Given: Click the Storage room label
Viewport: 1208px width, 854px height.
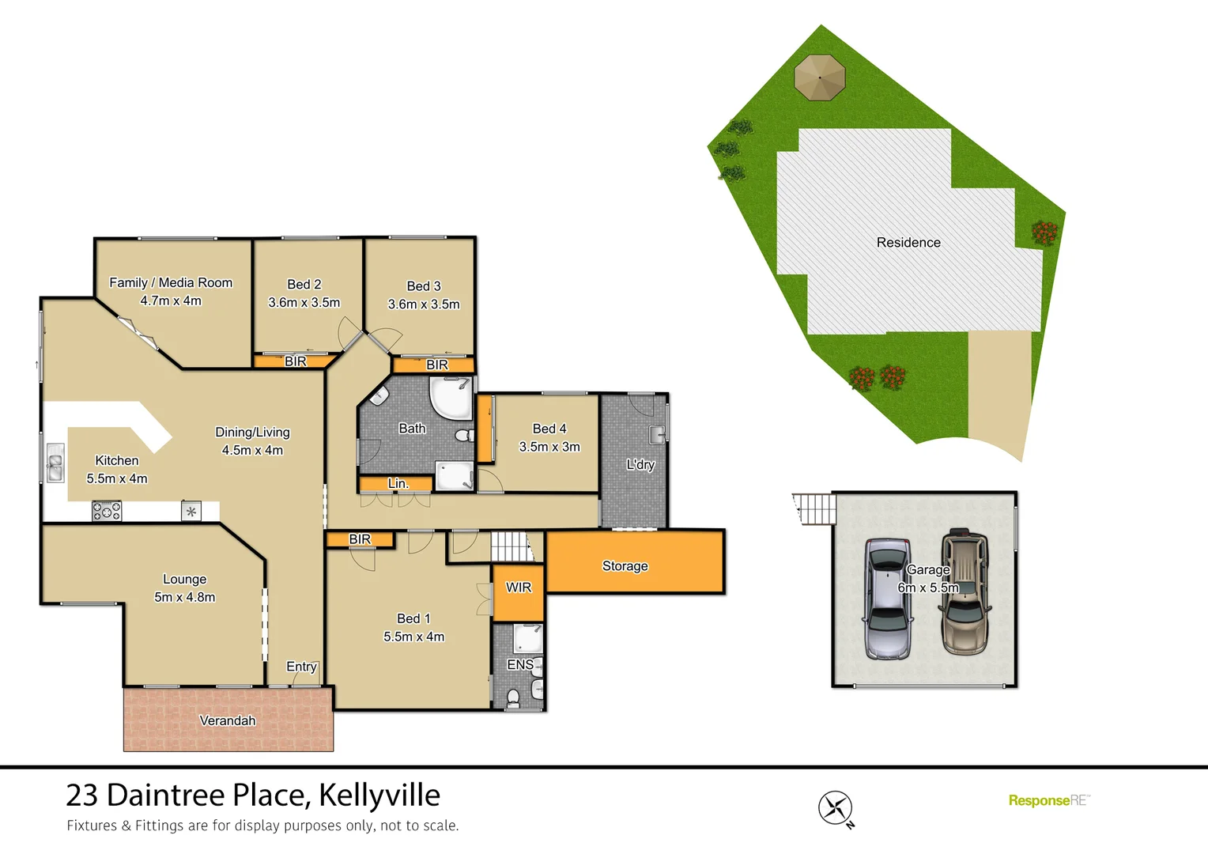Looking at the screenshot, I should [x=625, y=566].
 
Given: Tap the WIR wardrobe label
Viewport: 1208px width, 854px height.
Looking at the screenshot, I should [x=519, y=588].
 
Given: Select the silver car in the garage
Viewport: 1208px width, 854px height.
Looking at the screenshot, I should [x=887, y=599].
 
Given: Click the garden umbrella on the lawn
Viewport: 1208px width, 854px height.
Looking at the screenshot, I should [x=820, y=77].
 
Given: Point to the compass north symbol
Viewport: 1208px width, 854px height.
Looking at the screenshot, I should [x=836, y=808].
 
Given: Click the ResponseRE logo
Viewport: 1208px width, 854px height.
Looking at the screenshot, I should [x=1048, y=800].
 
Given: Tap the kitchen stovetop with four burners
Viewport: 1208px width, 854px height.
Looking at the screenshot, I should [x=107, y=512].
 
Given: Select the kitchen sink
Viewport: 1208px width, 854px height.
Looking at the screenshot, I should [x=55, y=463].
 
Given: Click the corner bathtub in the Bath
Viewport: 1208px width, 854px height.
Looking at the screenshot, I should [x=449, y=398].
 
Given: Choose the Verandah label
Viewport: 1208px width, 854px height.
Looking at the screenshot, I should [x=228, y=720].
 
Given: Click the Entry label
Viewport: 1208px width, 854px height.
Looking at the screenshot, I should [x=301, y=667].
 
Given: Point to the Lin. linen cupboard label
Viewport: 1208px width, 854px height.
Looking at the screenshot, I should [x=398, y=483].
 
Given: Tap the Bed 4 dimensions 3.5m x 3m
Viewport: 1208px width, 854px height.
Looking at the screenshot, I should [x=549, y=447].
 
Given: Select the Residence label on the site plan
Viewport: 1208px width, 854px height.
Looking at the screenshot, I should [x=908, y=243].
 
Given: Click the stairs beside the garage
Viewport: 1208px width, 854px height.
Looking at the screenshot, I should [x=814, y=508].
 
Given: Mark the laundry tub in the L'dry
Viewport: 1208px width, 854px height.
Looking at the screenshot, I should [x=657, y=433].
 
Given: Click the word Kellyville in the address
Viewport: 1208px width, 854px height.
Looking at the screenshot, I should [x=379, y=795].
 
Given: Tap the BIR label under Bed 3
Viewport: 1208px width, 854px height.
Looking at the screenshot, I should [x=437, y=365].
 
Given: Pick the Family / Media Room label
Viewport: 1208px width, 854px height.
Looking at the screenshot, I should [x=171, y=282].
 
